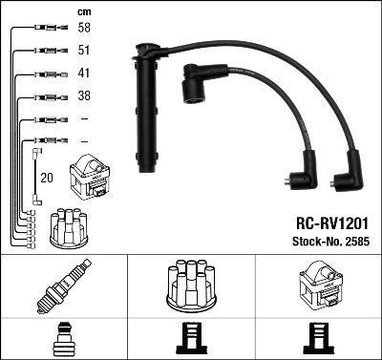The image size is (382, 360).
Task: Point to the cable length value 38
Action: tap(83, 96)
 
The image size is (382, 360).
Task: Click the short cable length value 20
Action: tap(48, 178)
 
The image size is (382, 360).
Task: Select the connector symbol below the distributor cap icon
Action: tap(192, 338)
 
